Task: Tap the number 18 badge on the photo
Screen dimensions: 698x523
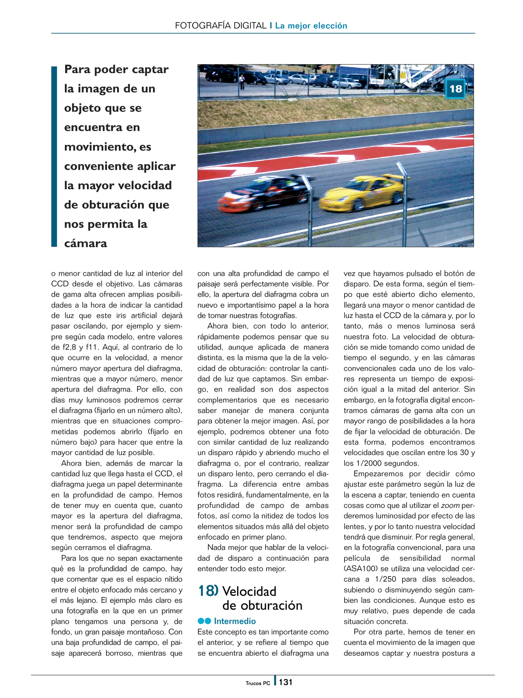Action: click(x=455, y=89)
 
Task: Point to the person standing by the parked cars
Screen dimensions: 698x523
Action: click(x=242, y=82)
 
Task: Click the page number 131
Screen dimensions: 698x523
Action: click(x=286, y=682)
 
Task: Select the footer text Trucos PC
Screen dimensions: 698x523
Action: click(x=257, y=683)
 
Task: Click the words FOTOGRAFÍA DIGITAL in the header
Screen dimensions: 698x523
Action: click(x=221, y=26)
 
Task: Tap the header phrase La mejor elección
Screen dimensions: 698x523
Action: click(x=311, y=26)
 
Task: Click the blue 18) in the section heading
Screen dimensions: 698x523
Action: click(x=208, y=591)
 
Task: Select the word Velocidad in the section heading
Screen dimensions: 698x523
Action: click(x=249, y=591)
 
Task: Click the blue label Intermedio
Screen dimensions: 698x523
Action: click(x=235, y=621)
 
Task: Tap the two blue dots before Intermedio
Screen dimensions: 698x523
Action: click(x=204, y=621)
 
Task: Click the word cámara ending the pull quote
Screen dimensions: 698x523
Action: click(x=85, y=243)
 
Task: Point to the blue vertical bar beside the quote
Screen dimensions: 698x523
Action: click(x=54, y=156)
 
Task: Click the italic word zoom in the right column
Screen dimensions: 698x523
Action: click(x=450, y=505)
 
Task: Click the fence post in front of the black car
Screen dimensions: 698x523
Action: click(x=310, y=210)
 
